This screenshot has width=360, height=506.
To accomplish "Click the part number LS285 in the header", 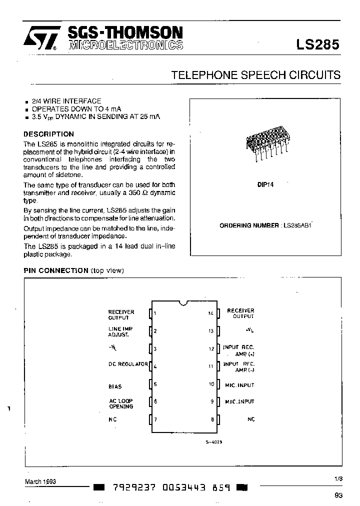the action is [318, 44].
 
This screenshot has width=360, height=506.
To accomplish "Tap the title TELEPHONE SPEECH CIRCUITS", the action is [255, 75].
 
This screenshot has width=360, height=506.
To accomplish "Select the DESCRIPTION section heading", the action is [49, 134].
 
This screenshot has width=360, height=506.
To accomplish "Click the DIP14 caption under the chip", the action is [265, 184].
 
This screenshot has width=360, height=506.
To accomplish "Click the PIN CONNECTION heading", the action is [56, 270].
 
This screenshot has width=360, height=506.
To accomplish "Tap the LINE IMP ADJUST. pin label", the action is [120, 331].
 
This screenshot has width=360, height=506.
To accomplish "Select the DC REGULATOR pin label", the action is [128, 364].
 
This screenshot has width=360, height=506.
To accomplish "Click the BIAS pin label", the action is [115, 386].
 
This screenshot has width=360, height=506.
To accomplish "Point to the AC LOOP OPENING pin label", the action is [121, 403].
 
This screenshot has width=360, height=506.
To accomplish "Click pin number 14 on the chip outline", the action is [211, 313].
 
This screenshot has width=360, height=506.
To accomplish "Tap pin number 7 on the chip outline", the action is [156, 419].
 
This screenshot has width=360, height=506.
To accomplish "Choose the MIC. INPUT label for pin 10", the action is [239, 385].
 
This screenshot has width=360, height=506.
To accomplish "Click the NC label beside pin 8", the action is [251, 419].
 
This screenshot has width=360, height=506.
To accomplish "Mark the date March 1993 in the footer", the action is [40, 481].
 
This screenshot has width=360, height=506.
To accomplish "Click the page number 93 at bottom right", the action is [338, 495].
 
